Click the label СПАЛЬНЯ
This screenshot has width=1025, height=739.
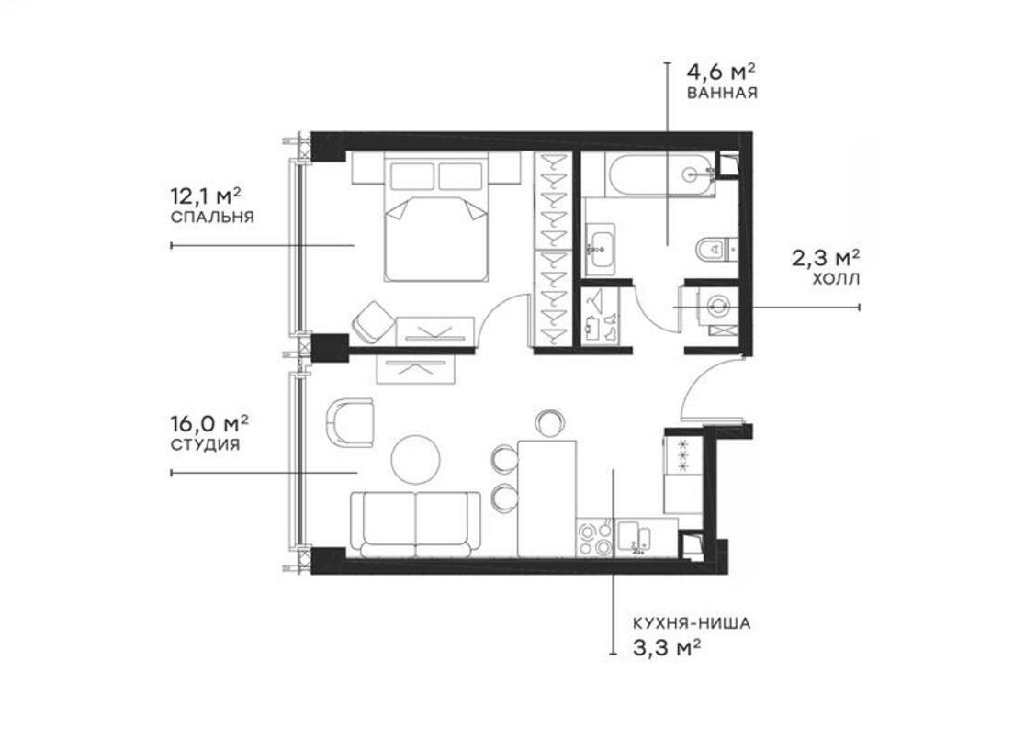click(212, 217)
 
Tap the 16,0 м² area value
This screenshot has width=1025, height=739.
click(209, 424)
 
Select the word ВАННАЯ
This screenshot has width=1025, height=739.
click(722, 93)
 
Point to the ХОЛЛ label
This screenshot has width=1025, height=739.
click(836, 280)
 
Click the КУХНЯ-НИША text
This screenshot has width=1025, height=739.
click(692, 623)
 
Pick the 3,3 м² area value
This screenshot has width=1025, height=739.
click(668, 648)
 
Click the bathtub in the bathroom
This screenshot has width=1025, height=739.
click(659, 174)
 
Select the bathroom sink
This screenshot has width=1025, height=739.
click(600, 247)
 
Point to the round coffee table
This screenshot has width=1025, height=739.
click(416, 459)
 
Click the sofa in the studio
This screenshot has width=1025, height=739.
click(415, 525)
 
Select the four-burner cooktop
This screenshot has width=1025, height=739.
click(595, 538)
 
